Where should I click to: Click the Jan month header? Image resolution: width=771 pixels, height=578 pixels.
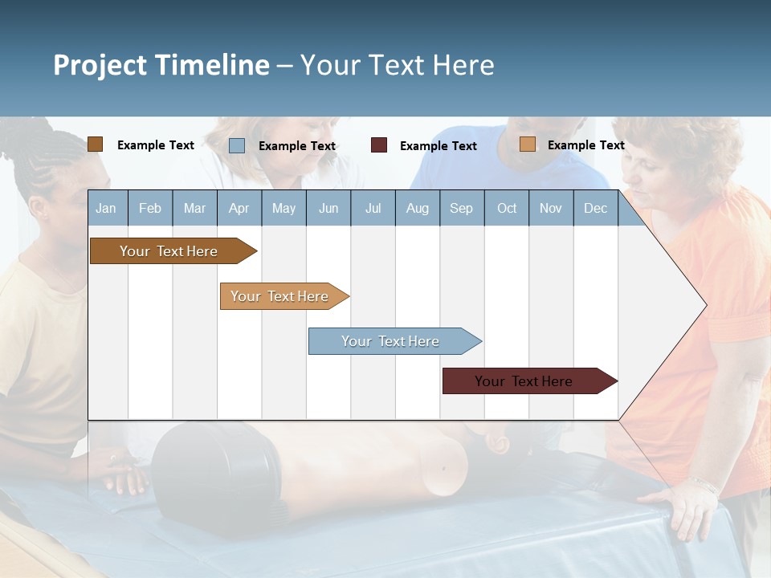(x=106, y=208)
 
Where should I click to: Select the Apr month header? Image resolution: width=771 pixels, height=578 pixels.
(x=239, y=208)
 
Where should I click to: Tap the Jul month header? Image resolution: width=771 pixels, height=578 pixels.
(x=373, y=208)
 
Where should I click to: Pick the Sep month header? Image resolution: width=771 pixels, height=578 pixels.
(x=461, y=208)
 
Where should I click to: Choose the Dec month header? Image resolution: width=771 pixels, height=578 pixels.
(x=595, y=208)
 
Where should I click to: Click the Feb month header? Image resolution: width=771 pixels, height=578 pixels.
(x=150, y=208)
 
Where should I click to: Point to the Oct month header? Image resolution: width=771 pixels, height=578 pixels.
(x=507, y=208)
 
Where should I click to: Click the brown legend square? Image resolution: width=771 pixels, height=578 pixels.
(x=95, y=144)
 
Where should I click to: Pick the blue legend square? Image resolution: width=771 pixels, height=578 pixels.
(x=237, y=145)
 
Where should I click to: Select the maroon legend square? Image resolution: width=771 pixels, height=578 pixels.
(x=379, y=145)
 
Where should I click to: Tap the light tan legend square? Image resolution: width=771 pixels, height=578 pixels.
(x=528, y=144)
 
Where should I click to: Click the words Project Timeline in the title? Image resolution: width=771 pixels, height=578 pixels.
(x=161, y=65)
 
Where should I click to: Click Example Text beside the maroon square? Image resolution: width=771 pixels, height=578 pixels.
(x=438, y=146)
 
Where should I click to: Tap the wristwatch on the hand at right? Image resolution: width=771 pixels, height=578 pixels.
(x=704, y=485)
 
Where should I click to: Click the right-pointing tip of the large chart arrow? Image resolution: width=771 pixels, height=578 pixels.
(x=704, y=305)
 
